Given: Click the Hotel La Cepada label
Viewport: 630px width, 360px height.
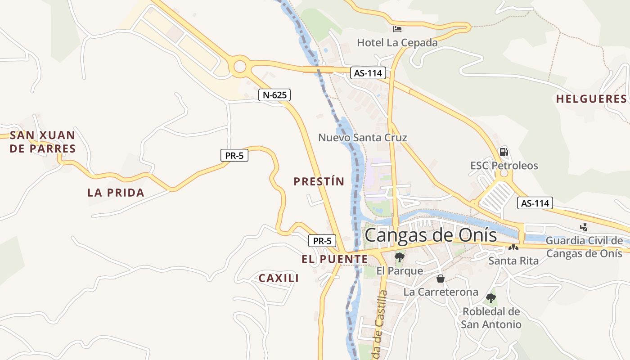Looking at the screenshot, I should point(397,43).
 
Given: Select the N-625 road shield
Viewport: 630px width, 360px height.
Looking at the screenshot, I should point(274,95).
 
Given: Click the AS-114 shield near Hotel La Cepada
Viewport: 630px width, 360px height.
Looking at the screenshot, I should point(368,73).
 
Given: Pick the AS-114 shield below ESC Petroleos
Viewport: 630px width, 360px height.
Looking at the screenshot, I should point(535,203).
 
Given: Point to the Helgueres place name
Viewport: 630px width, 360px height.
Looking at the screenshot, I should point(591,99).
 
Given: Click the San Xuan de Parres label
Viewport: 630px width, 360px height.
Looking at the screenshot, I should point(43,142).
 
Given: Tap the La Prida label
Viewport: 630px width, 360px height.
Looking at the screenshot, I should point(116,193).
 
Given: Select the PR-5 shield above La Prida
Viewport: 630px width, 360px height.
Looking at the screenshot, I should point(234,156).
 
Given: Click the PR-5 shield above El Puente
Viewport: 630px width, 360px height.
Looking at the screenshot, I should point(322,241).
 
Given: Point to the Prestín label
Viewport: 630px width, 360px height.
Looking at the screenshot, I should point(319,181).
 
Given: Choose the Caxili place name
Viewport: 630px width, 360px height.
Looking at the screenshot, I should point(279,278).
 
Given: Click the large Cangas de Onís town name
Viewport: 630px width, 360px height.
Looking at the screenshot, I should point(431,235).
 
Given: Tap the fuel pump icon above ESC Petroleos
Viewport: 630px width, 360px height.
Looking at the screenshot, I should point(504,152).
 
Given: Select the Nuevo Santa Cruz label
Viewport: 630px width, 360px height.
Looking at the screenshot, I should point(362,137).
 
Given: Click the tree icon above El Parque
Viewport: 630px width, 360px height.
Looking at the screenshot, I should point(399,257).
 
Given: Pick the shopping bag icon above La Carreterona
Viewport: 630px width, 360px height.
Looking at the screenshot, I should point(441,279).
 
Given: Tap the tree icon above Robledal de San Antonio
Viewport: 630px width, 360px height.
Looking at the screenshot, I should point(491,298).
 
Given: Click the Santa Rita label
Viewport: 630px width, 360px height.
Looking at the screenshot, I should point(513,261).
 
